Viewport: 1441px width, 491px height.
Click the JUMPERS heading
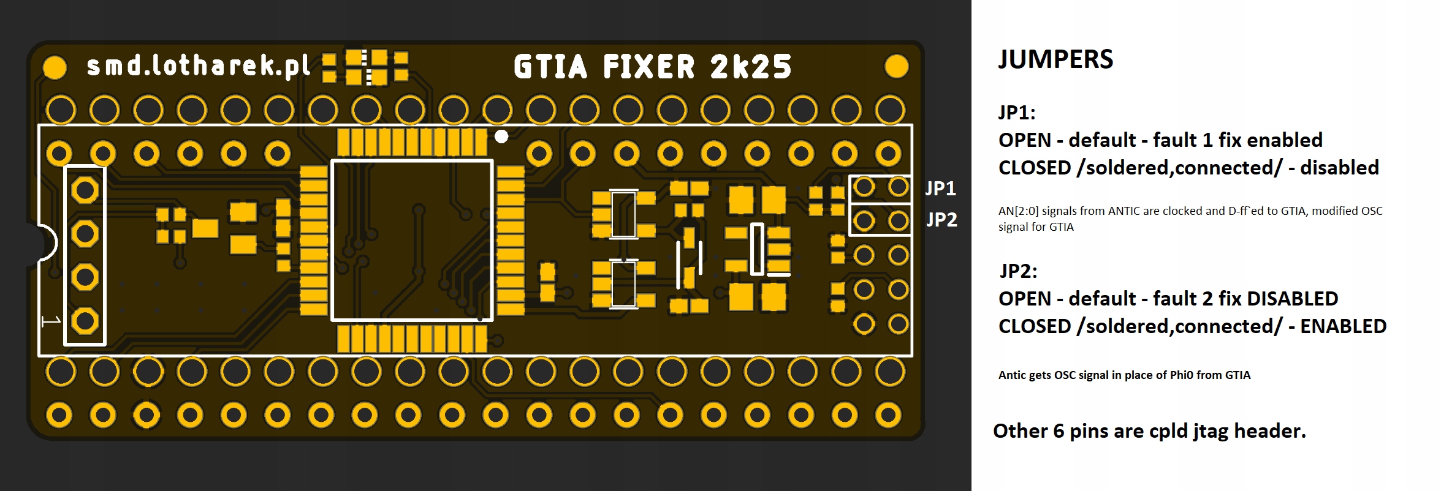[1055, 59]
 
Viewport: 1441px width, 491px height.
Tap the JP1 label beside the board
[940, 188]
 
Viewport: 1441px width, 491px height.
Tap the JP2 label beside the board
[941, 219]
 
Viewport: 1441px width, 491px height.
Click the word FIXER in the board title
[649, 67]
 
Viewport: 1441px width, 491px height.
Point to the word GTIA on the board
[550, 67]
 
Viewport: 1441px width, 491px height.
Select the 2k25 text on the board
[751, 67]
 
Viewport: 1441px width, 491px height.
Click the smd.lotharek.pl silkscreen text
[199, 66]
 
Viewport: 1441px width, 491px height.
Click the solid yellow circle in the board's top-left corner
[55, 67]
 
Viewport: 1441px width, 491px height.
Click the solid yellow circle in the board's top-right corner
[896, 66]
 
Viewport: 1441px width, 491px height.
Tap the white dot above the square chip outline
[501, 137]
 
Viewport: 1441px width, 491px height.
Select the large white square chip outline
[412, 240]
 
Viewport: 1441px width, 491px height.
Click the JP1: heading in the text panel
[1017, 113]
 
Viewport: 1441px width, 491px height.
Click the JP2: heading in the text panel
[1018, 271]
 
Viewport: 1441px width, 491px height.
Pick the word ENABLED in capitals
[1343, 326]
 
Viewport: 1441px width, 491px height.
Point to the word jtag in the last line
[1211, 432]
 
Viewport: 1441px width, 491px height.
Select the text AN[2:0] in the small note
[1018, 211]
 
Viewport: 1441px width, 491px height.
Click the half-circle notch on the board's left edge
[44, 243]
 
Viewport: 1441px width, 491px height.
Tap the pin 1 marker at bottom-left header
[51, 321]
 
